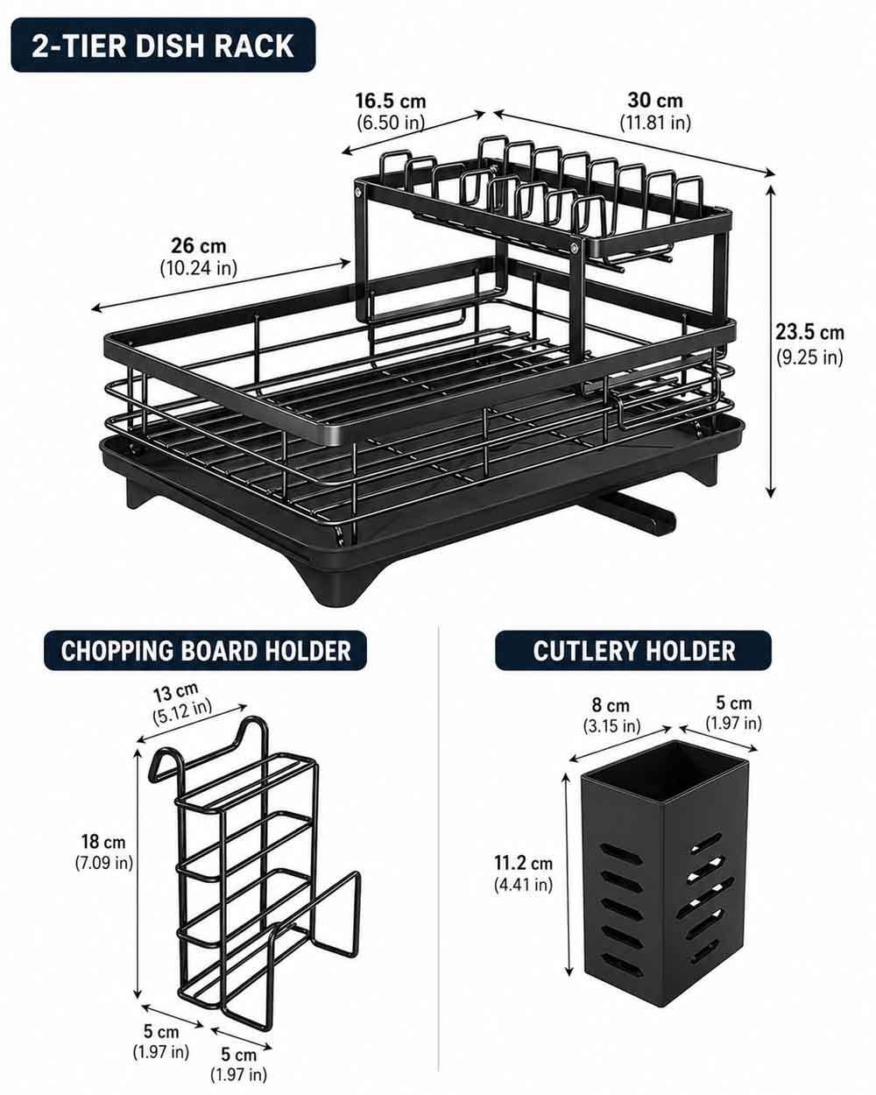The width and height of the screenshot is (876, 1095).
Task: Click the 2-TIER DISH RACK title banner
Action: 163,46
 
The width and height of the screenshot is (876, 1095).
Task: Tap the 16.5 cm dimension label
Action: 391,101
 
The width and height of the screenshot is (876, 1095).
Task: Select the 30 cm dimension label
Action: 655,100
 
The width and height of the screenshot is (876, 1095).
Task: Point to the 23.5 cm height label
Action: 809,332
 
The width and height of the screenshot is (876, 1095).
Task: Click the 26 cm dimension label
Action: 199,246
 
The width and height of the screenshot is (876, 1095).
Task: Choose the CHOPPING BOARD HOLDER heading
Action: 205,650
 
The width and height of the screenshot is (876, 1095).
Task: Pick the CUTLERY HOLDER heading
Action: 633,650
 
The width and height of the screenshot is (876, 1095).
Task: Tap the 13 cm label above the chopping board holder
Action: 176,693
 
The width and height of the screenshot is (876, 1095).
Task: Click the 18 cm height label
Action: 103,841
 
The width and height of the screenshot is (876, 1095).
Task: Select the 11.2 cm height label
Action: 523,863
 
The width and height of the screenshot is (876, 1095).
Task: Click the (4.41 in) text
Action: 523,885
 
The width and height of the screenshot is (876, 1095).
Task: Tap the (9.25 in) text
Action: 809,357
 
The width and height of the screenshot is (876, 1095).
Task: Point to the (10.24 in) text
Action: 199,268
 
